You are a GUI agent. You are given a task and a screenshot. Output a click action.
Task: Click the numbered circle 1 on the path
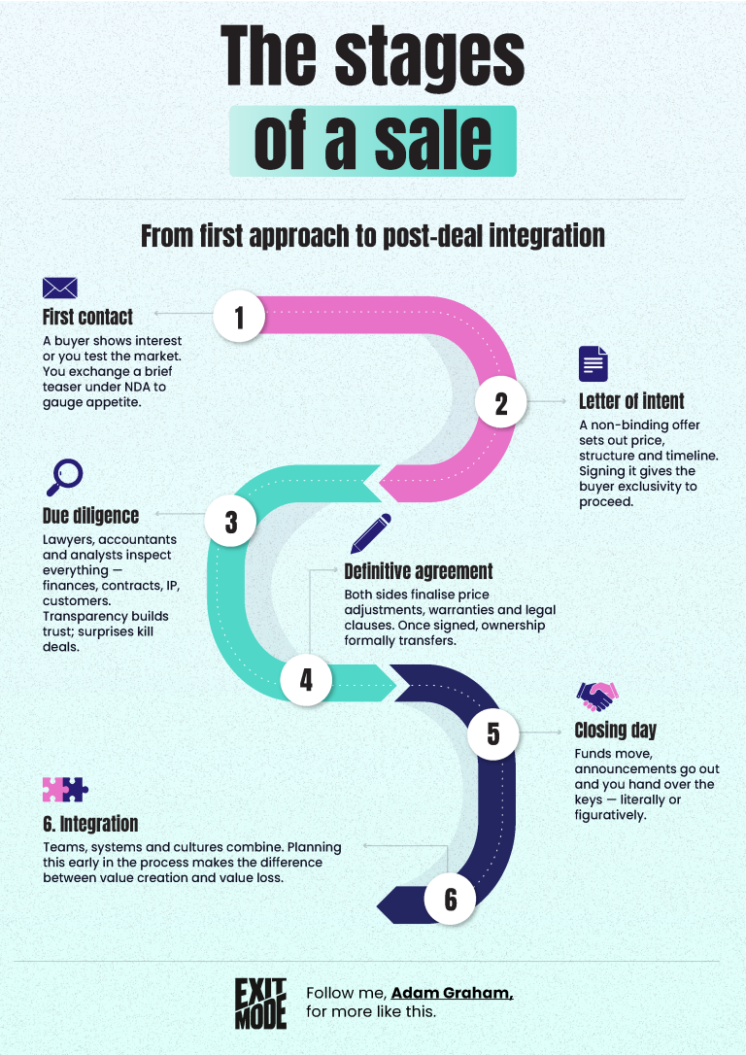(239, 317)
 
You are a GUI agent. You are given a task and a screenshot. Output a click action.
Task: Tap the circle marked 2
(500, 402)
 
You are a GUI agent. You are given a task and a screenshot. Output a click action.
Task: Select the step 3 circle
(231, 521)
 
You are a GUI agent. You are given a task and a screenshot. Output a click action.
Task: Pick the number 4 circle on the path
(306, 680)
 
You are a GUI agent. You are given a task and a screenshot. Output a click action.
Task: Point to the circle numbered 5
(493, 733)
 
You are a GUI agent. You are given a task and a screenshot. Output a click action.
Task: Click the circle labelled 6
(450, 899)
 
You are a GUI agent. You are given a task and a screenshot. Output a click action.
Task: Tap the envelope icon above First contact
(60, 288)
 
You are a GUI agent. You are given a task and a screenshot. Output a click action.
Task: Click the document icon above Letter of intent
(593, 364)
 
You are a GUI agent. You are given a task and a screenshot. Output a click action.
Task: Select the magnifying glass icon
(64, 477)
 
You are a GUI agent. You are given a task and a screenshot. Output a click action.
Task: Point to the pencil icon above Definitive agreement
(371, 533)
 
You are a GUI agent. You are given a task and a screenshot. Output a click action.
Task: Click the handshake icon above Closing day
(596, 697)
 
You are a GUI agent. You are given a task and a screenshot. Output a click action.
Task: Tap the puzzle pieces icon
(65, 789)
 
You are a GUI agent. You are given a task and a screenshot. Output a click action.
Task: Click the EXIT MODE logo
(260, 1004)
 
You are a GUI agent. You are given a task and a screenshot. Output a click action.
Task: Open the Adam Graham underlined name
(452, 993)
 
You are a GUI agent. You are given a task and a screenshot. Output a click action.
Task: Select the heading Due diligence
(90, 516)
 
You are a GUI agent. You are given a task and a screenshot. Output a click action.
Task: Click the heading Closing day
(616, 731)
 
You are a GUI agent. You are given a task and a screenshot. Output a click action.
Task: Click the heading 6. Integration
(90, 824)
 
